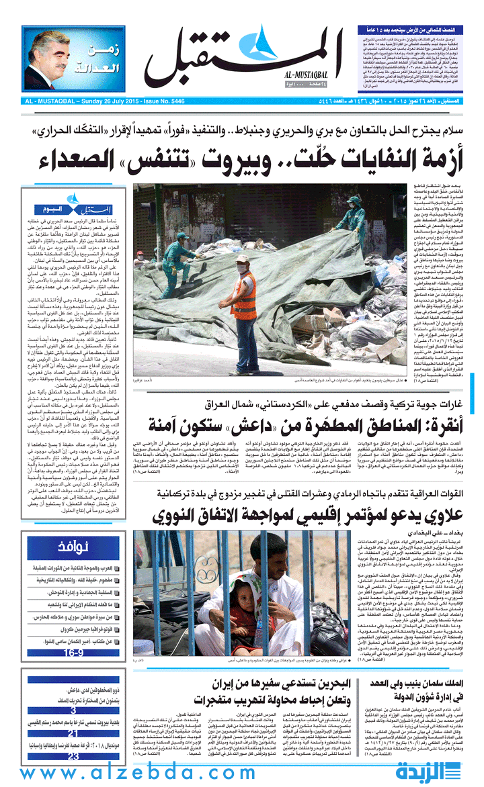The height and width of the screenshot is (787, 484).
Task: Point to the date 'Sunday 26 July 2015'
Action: (116, 101)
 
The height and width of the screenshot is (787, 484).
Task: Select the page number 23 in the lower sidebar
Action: (73, 757)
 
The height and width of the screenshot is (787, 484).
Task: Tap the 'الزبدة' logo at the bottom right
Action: (437, 770)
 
